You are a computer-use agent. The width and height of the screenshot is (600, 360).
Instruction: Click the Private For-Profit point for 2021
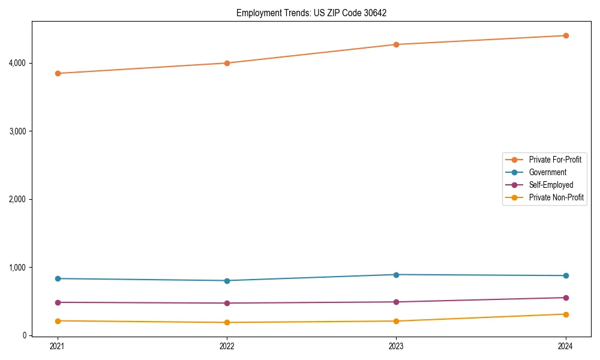(58, 73)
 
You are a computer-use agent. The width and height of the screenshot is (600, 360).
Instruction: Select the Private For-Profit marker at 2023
(396, 44)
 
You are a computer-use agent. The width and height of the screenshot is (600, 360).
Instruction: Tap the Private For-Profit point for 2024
(566, 35)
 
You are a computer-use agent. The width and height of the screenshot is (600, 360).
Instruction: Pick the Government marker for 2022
(227, 281)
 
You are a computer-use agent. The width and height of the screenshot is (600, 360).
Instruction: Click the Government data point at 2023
(396, 275)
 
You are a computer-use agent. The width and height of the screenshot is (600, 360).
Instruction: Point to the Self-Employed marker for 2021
(58, 302)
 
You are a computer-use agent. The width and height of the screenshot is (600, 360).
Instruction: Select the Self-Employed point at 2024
(566, 298)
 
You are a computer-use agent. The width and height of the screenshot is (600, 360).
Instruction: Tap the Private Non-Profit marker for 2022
(227, 322)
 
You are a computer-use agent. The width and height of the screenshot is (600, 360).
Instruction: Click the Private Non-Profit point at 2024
(566, 314)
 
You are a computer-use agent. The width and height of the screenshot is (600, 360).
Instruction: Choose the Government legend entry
(547, 172)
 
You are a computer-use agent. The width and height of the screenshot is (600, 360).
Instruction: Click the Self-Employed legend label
(551, 185)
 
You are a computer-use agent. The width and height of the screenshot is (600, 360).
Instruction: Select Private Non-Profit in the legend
(556, 197)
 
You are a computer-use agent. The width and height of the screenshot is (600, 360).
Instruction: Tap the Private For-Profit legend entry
(555, 160)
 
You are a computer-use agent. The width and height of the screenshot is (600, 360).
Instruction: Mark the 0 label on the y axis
(25, 335)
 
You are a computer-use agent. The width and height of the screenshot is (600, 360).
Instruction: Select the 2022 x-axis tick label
(227, 346)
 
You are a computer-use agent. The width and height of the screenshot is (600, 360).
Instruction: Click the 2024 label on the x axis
(566, 346)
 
